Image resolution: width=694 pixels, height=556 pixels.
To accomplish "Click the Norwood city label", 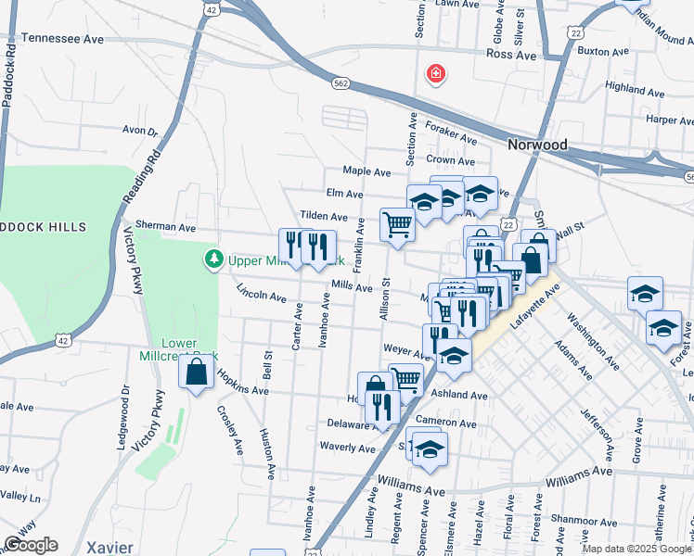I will [537, 145].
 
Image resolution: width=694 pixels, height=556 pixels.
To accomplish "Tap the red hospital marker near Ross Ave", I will [433, 73].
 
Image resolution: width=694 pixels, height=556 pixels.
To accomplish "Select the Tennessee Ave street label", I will [62, 40].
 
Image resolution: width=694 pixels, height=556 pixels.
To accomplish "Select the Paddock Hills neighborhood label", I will [43, 227].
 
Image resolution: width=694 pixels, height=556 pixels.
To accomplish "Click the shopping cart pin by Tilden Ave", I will [397, 223].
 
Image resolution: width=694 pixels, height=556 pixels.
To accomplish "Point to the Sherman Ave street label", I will [165, 226].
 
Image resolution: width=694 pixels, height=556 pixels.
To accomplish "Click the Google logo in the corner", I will [31, 545].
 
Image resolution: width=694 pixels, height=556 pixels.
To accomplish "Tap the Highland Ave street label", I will [635, 91].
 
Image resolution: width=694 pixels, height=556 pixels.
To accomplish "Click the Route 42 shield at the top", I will [212, 8].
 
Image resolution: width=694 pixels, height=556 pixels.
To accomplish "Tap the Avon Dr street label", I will [140, 132].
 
